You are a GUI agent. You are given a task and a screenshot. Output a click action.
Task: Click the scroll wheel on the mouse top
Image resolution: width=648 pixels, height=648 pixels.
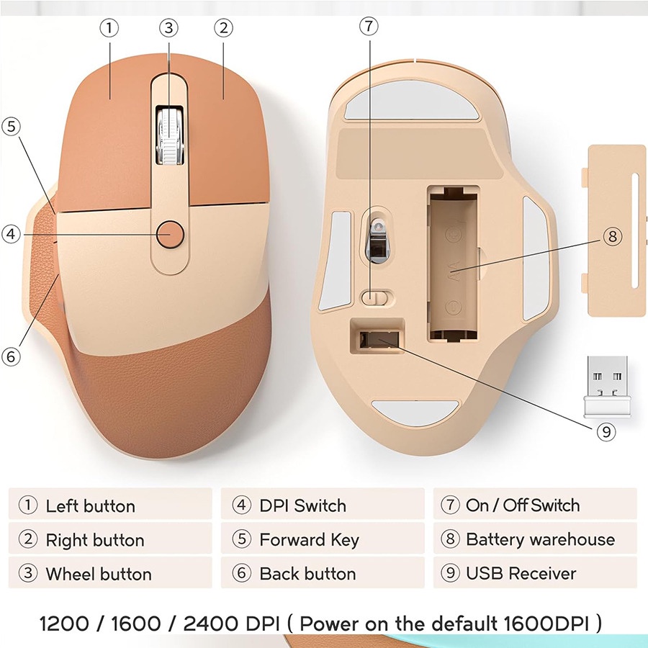click(x=168, y=137)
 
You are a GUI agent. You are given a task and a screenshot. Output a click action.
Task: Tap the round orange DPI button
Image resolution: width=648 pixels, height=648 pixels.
click(x=171, y=233)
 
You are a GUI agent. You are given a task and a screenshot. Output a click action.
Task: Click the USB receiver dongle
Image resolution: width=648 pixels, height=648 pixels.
click(x=606, y=386)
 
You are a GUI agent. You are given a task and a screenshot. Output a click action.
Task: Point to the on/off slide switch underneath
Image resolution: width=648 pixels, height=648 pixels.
click(x=376, y=297)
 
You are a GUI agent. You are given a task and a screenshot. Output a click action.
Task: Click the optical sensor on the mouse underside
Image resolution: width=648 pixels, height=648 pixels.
click(x=377, y=238)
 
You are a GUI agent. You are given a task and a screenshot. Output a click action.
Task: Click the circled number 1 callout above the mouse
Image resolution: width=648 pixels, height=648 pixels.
click(x=109, y=28)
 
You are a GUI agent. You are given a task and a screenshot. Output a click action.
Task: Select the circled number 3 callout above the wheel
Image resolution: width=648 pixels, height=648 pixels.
click(x=168, y=28)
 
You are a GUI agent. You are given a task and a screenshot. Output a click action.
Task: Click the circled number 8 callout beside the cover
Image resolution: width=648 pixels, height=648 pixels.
click(x=612, y=236)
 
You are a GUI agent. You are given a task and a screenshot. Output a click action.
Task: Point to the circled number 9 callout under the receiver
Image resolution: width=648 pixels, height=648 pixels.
click(x=606, y=431)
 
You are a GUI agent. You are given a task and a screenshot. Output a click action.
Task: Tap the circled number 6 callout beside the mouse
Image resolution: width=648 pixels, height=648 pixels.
click(x=10, y=356)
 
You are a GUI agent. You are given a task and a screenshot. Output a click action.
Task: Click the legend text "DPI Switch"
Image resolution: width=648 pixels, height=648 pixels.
click(x=302, y=505)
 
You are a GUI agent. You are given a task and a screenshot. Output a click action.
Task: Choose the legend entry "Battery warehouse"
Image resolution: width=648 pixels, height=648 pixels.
click(x=540, y=540)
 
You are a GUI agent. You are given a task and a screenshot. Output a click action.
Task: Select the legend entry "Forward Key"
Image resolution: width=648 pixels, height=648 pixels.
click(x=309, y=540)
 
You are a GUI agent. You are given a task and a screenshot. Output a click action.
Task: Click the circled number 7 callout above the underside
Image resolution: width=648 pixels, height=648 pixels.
click(x=369, y=27)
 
